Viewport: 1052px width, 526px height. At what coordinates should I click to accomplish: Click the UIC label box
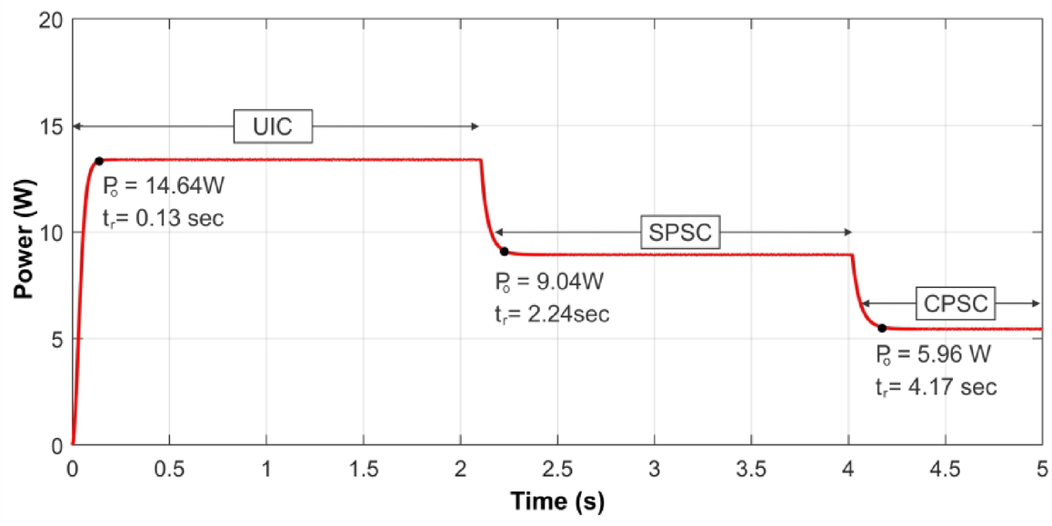(x=273, y=127)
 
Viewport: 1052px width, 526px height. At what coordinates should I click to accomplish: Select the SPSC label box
(x=678, y=233)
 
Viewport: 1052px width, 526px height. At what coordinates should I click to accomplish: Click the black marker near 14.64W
(x=99, y=161)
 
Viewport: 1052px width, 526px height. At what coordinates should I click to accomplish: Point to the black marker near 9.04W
(x=504, y=252)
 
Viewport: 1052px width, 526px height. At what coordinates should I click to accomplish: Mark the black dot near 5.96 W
(x=881, y=327)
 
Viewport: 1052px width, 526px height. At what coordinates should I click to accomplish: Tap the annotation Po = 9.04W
(x=544, y=281)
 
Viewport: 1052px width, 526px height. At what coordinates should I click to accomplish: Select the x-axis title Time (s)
(x=556, y=501)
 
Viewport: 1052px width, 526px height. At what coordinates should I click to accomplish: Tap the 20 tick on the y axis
(x=52, y=20)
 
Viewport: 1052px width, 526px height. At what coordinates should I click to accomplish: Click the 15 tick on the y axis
(x=52, y=126)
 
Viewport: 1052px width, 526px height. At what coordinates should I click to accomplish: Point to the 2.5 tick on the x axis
(x=556, y=469)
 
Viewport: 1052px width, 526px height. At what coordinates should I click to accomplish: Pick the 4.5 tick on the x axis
(x=944, y=469)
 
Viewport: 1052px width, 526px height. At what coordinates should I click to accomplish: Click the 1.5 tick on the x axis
(x=363, y=469)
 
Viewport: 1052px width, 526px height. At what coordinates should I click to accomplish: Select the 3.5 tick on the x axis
(x=750, y=469)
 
